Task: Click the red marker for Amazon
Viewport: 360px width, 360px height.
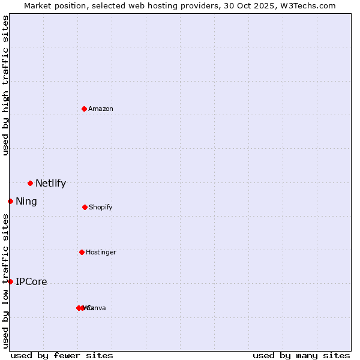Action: pos(84,109)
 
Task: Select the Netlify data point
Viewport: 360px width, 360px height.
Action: pos(30,183)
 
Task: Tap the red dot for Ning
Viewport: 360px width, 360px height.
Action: pos(10,201)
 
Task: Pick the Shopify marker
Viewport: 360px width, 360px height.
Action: pos(85,207)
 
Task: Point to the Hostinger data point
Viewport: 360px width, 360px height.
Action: pos(82,252)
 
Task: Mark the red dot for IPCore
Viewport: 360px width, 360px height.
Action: pos(10,281)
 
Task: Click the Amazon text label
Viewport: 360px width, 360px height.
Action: pos(101,109)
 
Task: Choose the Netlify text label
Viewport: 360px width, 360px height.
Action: pos(50,184)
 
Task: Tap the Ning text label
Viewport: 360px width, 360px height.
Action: pos(26,202)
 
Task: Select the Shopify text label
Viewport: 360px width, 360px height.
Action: pos(101,207)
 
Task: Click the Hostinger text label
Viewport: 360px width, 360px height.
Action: pos(101,252)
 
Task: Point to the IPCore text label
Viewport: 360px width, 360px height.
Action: pos(31,282)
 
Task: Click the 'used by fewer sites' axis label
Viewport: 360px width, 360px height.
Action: pos(62,355)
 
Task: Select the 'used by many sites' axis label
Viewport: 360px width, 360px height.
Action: pos(301,355)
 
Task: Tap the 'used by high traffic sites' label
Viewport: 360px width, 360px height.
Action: pos(5,85)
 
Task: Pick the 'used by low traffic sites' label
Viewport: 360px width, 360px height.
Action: pos(5,281)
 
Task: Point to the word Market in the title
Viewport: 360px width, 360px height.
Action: pos(38,5)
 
